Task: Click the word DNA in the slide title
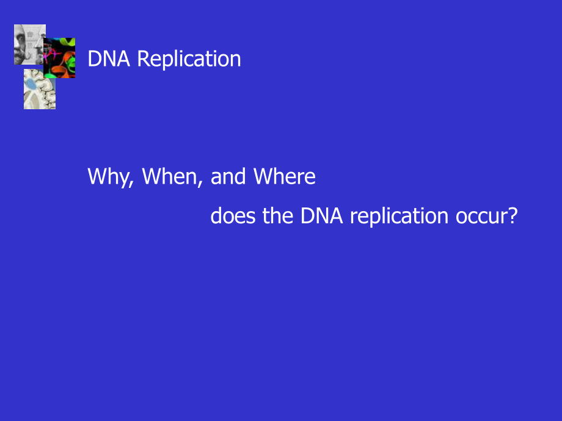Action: click(x=109, y=59)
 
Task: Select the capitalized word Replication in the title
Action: click(x=189, y=59)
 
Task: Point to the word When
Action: click(x=170, y=176)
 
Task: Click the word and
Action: click(x=228, y=176)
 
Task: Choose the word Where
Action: click(x=284, y=176)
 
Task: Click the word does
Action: click(x=233, y=216)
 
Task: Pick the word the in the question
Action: click(x=278, y=216)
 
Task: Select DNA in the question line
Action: click(x=321, y=216)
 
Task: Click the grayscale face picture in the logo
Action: click(x=29, y=45)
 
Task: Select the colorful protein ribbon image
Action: click(x=59, y=57)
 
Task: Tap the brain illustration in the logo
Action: click(x=40, y=89)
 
